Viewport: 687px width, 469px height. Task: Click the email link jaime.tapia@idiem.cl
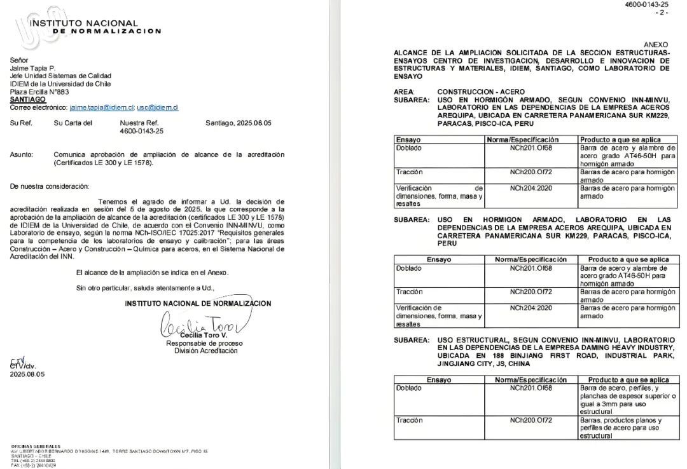102,108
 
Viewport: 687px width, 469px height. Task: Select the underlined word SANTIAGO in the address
27,100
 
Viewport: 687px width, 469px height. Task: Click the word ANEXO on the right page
656,44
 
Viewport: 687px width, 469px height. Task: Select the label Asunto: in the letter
23,154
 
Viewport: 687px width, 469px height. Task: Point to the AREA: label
404,92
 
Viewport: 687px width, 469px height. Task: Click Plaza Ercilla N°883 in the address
39,92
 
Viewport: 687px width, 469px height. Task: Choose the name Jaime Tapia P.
32,68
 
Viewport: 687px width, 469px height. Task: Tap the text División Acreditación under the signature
201,351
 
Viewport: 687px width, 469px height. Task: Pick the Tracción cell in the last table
409,420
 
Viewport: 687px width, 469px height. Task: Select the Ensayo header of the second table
439,259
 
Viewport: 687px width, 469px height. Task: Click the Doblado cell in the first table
408,147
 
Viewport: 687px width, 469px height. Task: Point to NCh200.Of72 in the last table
531,420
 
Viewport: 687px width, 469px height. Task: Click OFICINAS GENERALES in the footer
36,446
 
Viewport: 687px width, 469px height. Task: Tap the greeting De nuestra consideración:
50,186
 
